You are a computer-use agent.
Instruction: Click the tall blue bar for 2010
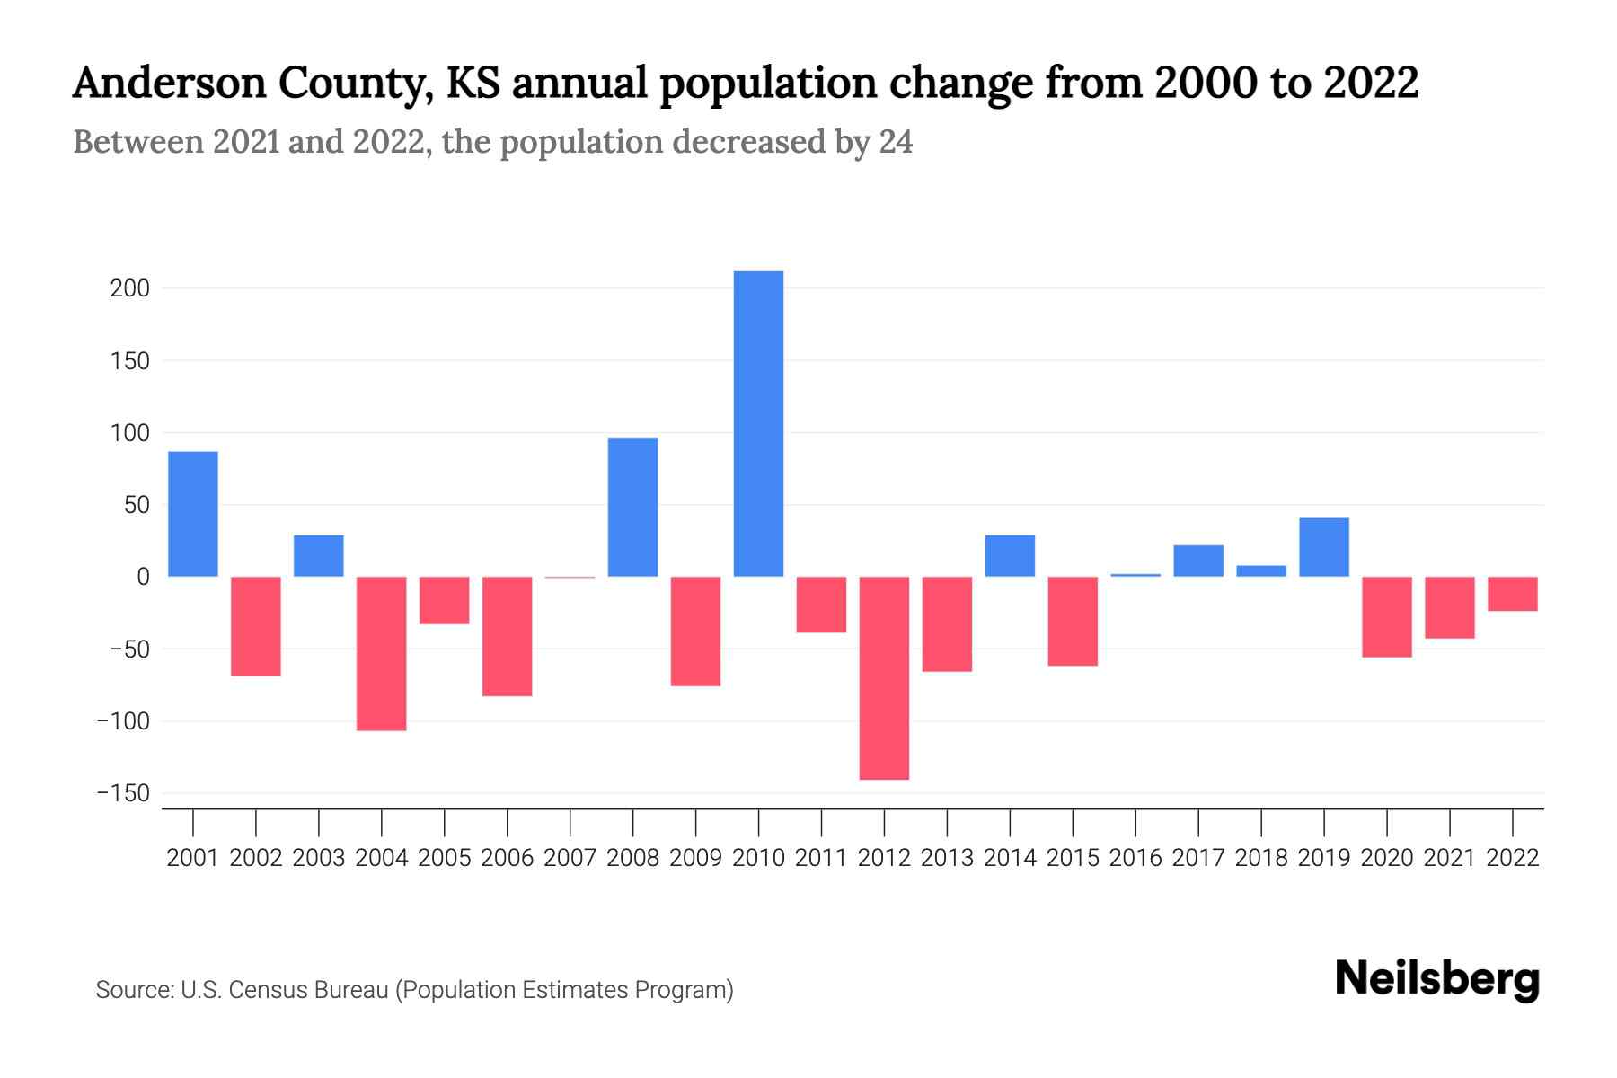click(x=758, y=423)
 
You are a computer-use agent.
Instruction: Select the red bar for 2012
click(x=884, y=677)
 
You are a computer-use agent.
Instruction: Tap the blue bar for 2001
click(x=193, y=513)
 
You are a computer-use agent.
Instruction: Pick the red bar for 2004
click(x=382, y=653)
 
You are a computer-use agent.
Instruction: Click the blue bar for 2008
click(x=632, y=507)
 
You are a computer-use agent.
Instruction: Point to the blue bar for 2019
click(x=1324, y=547)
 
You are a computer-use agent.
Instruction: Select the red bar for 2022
click(x=1513, y=594)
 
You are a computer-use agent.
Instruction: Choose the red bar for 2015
click(x=1073, y=621)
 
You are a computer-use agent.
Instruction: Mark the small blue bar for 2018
click(x=1261, y=571)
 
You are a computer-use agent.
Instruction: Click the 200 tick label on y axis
click(x=130, y=289)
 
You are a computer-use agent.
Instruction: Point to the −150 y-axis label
click(x=123, y=794)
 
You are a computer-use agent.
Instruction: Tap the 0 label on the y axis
click(x=143, y=578)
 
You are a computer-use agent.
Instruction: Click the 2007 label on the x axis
click(x=570, y=858)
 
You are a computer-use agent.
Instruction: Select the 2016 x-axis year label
click(x=1135, y=858)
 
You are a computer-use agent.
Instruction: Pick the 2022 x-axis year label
click(x=1513, y=858)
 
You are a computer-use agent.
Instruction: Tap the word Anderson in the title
click(x=170, y=84)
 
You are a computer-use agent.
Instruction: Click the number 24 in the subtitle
click(x=896, y=142)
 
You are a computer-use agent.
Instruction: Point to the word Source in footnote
click(x=134, y=990)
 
